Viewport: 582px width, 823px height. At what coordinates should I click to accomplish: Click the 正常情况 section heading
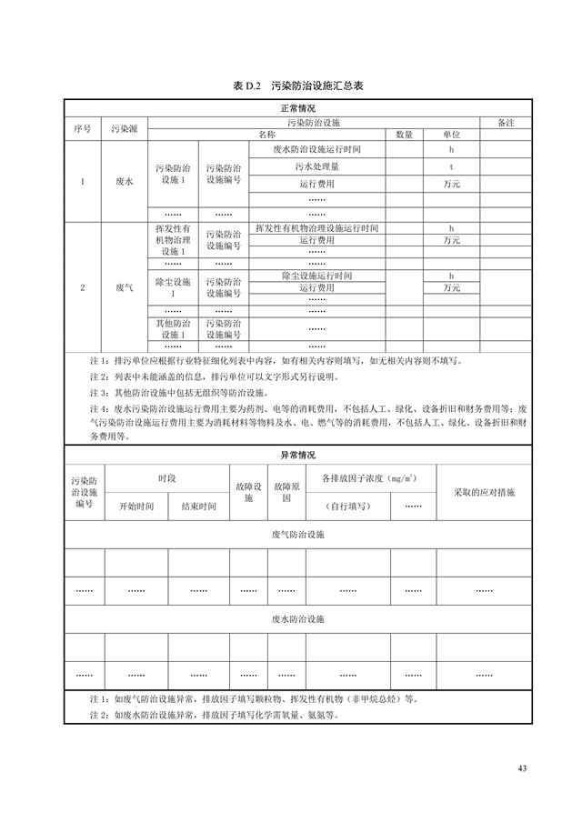(291, 108)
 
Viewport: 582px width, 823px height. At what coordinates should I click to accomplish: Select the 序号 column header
(82, 128)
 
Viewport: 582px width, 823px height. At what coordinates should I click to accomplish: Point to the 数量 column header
(404, 135)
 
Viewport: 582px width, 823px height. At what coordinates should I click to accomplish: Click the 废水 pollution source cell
(125, 182)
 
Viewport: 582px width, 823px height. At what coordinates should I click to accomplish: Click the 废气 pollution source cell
(125, 287)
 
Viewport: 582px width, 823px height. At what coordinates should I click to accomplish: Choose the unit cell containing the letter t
(451, 167)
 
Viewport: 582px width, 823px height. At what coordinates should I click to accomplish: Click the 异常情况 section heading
(291, 455)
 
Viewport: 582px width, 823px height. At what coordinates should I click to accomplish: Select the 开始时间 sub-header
(136, 507)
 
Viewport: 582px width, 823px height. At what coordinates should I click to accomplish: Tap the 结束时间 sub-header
(198, 507)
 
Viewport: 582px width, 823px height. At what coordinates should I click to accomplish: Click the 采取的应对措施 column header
(484, 492)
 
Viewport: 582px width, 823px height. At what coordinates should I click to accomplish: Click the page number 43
(522, 768)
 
